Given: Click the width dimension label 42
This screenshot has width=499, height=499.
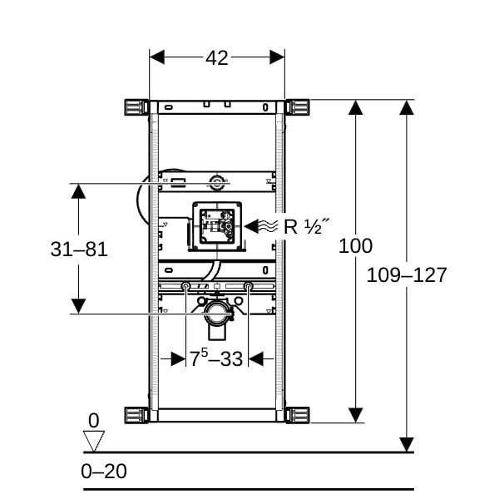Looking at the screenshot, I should click(x=217, y=57).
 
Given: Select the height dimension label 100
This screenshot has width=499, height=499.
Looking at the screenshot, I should click(x=357, y=246).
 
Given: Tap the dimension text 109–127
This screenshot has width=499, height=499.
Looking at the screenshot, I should click(x=407, y=275).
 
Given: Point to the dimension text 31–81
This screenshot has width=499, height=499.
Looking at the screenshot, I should click(x=79, y=249).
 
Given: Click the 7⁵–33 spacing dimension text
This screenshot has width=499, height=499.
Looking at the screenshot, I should click(x=216, y=359).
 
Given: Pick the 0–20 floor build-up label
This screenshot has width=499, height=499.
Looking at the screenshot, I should click(x=104, y=472).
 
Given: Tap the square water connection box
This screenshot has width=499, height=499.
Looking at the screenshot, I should click(x=216, y=225).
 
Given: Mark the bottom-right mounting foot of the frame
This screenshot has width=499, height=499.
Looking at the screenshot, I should click(x=298, y=414).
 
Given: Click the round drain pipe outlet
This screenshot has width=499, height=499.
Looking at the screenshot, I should click(x=217, y=314).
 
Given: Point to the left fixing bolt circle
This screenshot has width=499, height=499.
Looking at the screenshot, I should click(x=185, y=288).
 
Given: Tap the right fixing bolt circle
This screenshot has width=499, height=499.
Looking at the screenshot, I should click(x=249, y=288).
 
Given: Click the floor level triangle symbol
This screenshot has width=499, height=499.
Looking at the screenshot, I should click(x=94, y=440).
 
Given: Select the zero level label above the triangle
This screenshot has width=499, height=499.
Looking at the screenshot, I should click(x=93, y=420).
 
